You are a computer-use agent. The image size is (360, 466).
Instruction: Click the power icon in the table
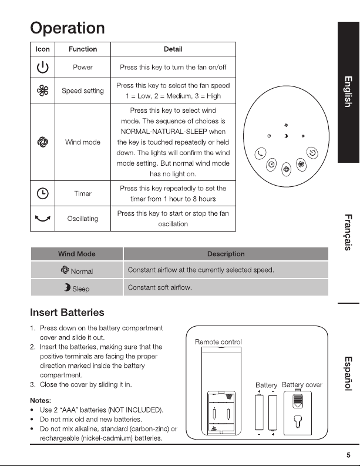(42, 68)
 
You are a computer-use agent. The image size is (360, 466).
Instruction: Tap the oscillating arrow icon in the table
(42, 219)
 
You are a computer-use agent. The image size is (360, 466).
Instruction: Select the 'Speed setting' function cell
(83, 90)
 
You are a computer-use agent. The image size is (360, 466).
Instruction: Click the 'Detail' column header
(173, 49)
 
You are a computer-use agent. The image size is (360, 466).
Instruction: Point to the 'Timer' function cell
(83, 193)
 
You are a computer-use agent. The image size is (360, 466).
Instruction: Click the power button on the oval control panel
(312, 153)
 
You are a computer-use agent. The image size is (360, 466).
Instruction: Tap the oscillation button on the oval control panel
(261, 153)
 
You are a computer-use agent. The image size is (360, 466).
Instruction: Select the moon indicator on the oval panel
(286, 136)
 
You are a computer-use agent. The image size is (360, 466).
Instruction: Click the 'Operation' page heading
(68, 28)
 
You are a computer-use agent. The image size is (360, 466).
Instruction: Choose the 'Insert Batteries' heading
(67, 313)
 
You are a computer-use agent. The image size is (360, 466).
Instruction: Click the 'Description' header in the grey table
(226, 254)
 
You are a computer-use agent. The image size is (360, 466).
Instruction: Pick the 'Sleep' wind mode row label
(76, 288)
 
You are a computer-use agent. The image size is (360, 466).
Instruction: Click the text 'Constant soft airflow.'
(160, 287)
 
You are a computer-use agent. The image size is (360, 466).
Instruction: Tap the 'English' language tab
(348, 92)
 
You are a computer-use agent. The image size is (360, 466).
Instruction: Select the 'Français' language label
(348, 232)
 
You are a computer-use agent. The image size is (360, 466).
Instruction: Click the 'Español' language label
(348, 374)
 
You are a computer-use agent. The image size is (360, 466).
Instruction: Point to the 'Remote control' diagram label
(218, 342)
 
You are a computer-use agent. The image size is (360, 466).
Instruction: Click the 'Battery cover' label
(302, 385)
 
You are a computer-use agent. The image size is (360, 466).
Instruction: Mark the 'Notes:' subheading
(41, 400)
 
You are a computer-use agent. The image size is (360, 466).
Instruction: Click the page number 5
(348, 455)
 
